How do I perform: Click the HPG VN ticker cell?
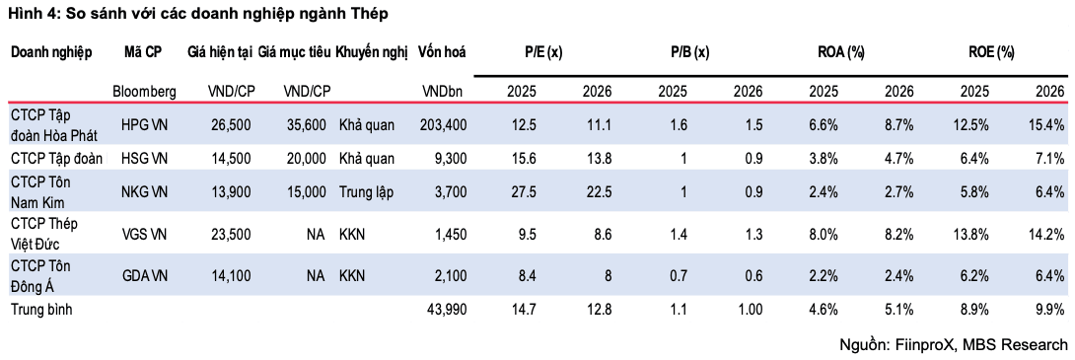(144, 124)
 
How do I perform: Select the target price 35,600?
(305, 124)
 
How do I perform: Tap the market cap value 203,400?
(443, 124)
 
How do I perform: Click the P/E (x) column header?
(543, 52)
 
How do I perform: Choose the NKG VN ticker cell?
(144, 192)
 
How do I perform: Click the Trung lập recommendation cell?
(366, 192)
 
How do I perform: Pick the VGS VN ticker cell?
(144, 235)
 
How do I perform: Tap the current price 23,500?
(230, 235)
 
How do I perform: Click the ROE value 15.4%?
(1045, 124)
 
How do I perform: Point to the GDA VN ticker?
(144, 275)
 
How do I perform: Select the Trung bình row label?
(41, 310)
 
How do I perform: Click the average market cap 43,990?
(447, 310)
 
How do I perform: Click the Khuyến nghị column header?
(372, 53)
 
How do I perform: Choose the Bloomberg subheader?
(144, 91)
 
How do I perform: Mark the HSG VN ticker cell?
(144, 159)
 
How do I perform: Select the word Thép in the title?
(369, 14)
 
